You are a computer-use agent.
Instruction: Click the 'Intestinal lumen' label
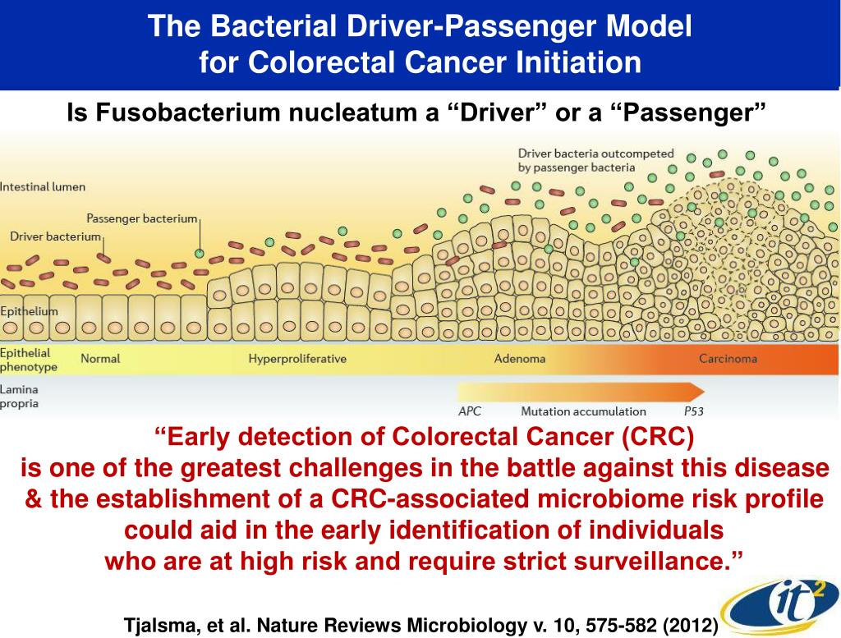pyautogui.click(x=43, y=186)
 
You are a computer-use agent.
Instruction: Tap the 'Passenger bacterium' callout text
pyautogui.click(x=142, y=218)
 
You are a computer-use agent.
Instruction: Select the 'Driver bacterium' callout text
pyautogui.click(x=55, y=236)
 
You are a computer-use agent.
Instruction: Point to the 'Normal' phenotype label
pyautogui.click(x=100, y=358)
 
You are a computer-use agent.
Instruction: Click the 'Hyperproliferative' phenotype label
pyautogui.click(x=297, y=358)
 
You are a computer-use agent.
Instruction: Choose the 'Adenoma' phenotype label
pyautogui.click(x=519, y=358)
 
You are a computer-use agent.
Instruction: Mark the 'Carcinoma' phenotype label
pyautogui.click(x=728, y=358)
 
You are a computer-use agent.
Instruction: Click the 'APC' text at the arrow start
pyautogui.click(x=470, y=411)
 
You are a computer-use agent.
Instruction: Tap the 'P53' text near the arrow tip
pyautogui.click(x=695, y=411)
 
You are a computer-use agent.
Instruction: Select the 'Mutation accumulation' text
pyautogui.click(x=583, y=411)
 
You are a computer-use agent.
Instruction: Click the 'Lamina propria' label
pyautogui.click(x=19, y=396)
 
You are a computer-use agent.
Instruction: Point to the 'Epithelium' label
pyautogui.click(x=30, y=311)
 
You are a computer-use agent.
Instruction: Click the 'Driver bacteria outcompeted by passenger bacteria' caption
pyautogui.click(x=595, y=160)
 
